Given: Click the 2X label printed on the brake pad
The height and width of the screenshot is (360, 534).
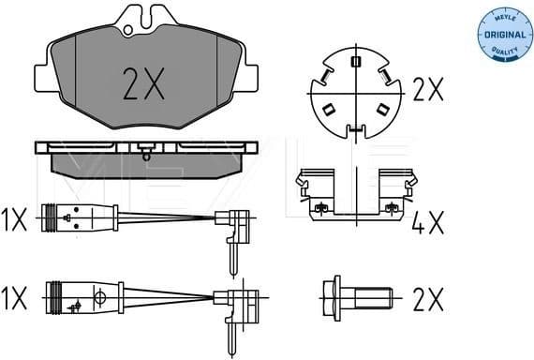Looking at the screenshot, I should [143, 86].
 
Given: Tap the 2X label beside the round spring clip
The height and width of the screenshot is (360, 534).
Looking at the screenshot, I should [427, 89].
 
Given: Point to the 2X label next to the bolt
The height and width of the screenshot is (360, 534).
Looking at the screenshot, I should [427, 300].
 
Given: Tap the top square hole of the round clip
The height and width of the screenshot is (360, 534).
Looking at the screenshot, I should [355, 63].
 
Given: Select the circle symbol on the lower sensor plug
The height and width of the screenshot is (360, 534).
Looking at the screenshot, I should [97, 301].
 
